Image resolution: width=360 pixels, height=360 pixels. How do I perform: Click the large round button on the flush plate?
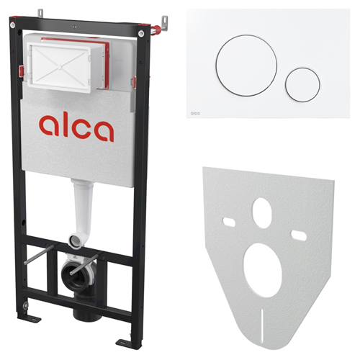(x=246, y=66)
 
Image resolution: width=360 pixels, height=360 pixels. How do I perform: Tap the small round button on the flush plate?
(x=302, y=85)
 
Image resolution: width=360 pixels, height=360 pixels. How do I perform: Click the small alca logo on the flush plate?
(x=195, y=113)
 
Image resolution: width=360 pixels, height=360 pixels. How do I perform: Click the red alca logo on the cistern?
(x=76, y=128)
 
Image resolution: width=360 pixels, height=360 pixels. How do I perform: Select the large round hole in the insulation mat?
(x=263, y=270)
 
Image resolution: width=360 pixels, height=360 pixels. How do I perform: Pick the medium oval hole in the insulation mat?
(x=262, y=213)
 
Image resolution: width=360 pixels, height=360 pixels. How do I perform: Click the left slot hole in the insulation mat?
(x=229, y=222)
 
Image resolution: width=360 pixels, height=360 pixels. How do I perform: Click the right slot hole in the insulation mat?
(x=299, y=235)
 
